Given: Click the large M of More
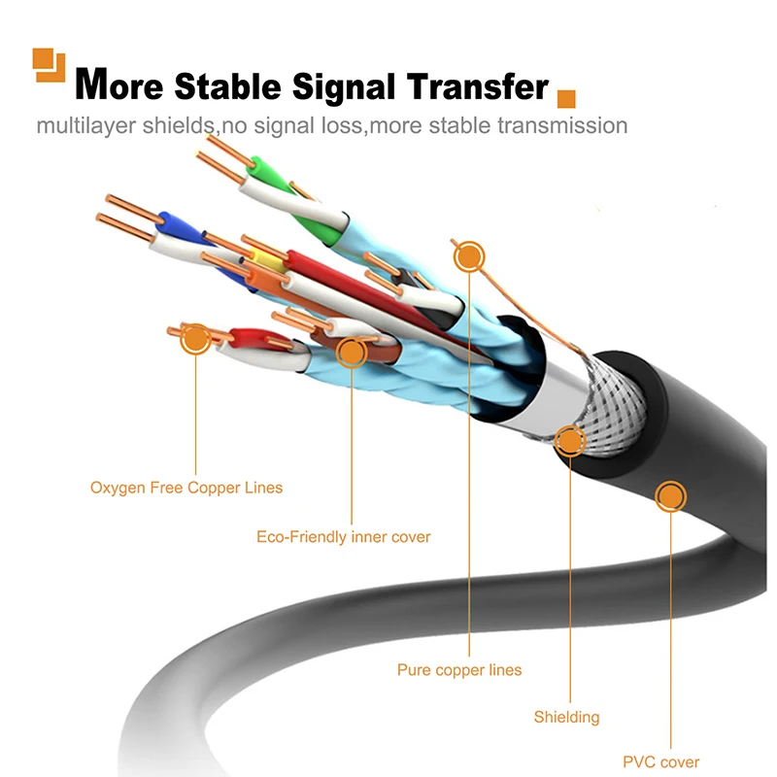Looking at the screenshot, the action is click(x=92, y=85).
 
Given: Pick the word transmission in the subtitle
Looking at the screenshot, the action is click(x=561, y=126).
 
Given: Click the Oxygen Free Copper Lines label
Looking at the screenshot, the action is click(x=186, y=488).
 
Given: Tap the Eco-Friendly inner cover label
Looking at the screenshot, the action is click(x=343, y=536).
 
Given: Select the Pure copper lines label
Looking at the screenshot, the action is click(x=459, y=670).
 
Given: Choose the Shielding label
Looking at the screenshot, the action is click(x=566, y=718).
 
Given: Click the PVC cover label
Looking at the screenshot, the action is click(x=660, y=762).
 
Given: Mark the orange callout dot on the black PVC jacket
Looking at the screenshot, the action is click(x=669, y=497).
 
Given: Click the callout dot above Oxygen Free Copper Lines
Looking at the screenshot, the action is click(x=196, y=338).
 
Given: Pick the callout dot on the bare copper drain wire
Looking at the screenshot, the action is click(x=469, y=256).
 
